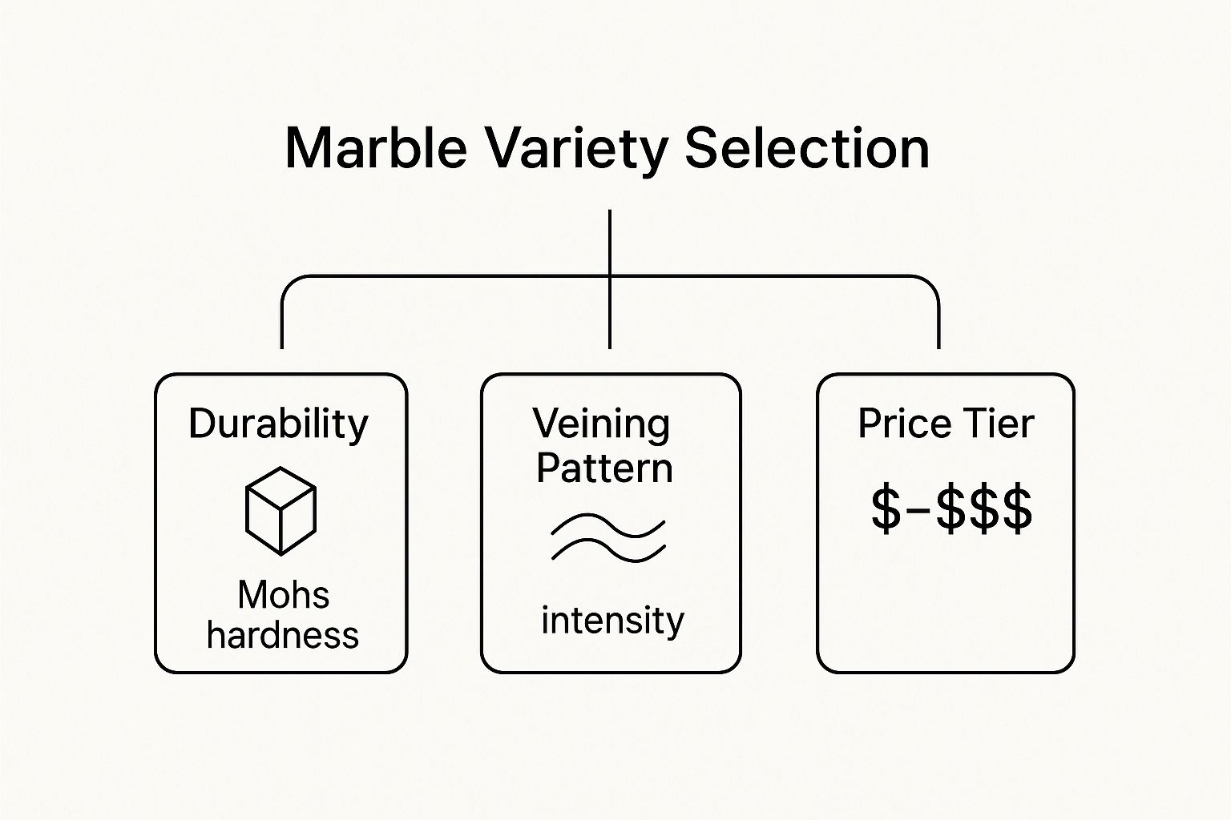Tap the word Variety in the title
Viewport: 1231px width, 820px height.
tap(578, 152)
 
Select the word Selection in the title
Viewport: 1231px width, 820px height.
tap(807, 148)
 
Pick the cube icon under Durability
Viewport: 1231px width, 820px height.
tap(281, 511)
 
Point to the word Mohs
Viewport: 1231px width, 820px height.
tap(284, 594)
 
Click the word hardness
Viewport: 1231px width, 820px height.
tap(282, 635)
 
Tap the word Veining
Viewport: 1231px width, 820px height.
tap(602, 424)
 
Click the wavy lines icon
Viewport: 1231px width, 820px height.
tap(608, 538)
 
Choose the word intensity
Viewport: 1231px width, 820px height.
tap(613, 621)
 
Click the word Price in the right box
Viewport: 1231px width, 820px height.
tap(905, 424)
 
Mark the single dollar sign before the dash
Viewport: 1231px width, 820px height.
tap(886, 508)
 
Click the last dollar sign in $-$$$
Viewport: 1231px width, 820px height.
tap(1017, 508)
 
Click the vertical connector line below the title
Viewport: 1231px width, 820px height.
tap(609, 279)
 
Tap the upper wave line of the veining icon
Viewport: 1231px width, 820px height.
tap(608, 525)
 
